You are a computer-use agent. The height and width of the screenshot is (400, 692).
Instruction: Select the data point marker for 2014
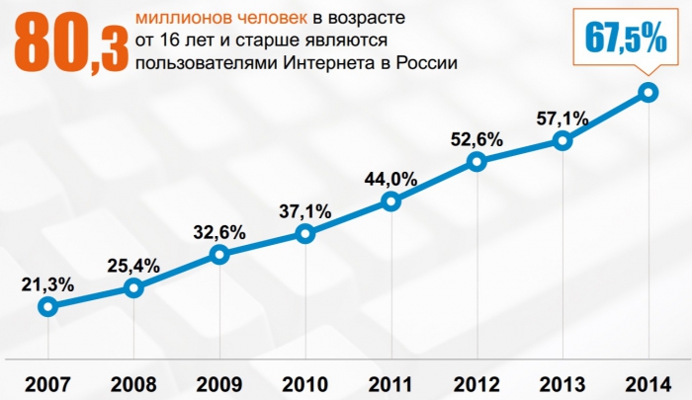coord(648,92)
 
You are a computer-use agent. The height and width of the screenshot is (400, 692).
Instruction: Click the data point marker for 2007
coord(46,306)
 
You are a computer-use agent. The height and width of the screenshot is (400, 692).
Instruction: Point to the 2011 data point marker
coord(390,201)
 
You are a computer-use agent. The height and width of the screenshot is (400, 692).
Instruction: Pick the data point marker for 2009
coord(218,255)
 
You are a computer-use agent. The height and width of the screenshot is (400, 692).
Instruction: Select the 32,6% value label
coord(218,234)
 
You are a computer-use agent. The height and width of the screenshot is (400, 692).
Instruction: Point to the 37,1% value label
coord(304,211)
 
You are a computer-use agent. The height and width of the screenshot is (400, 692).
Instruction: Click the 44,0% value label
coord(390,180)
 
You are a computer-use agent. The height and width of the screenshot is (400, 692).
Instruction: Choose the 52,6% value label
coord(476,139)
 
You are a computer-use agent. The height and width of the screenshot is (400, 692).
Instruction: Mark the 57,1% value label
coord(562,120)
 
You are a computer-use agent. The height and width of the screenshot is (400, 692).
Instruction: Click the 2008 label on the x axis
coord(132,382)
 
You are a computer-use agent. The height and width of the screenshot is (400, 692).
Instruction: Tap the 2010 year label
coord(304,382)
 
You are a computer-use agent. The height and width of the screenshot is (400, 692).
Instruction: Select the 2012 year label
coord(476,382)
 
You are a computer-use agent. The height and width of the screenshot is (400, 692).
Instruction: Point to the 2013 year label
coord(562,382)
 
